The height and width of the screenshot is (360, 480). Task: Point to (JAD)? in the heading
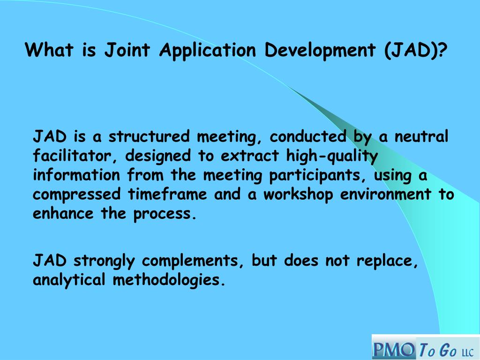click(416, 50)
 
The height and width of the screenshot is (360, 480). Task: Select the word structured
click(150, 137)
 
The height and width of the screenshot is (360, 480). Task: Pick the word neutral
click(421, 137)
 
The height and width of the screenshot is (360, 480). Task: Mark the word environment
click(386, 195)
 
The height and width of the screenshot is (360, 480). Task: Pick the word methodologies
click(166, 280)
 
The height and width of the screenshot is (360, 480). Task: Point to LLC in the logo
click(467, 352)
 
